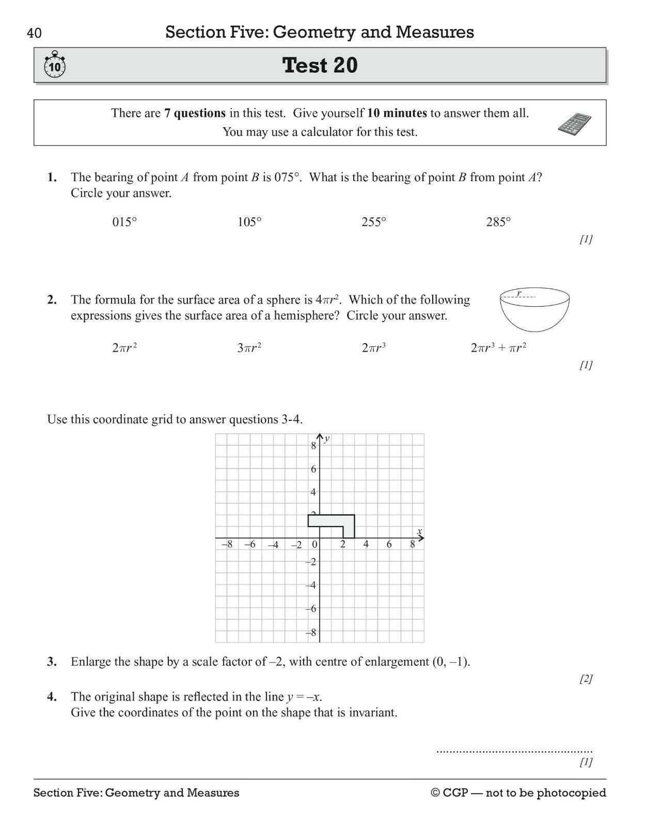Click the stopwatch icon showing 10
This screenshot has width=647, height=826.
pos(55,65)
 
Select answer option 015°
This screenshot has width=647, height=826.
pos(124,223)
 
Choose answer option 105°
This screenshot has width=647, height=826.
pos(249,223)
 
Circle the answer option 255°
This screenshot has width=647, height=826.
pos(374,223)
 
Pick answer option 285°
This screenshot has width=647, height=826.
pos(498,223)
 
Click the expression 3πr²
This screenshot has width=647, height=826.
pos(249,348)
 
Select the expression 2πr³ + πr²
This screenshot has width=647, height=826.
pos(498,348)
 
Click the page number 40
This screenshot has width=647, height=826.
pos(34,34)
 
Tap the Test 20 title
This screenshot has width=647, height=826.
pos(320,66)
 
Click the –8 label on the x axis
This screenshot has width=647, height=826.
pos(227,544)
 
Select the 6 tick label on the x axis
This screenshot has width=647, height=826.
pos(389,544)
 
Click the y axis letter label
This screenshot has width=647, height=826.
pos(327,439)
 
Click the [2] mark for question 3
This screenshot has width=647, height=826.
pos(586,679)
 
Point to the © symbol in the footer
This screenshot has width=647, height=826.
pos(435,793)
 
